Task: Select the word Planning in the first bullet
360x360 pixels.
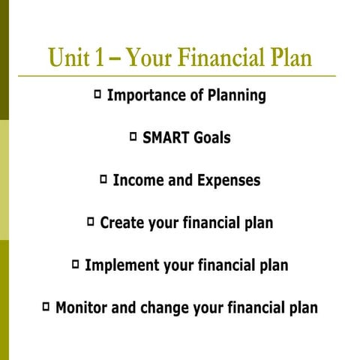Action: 235,97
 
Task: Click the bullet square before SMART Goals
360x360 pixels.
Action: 133,137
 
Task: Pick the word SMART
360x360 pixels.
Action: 165,138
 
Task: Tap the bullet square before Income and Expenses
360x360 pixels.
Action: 103,179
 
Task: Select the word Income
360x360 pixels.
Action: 137,181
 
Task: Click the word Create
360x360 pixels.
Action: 121,223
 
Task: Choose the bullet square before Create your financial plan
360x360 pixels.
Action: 91,222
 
